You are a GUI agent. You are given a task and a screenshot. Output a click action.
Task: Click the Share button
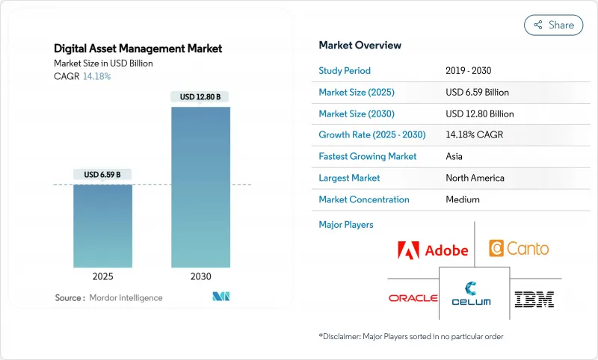pos(553,25)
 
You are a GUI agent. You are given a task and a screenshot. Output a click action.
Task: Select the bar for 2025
pos(103,226)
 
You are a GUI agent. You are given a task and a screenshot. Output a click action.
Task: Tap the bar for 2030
pos(200,187)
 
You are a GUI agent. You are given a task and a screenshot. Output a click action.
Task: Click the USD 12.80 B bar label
pos(200,96)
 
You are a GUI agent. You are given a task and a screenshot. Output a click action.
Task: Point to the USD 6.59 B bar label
pos(103,175)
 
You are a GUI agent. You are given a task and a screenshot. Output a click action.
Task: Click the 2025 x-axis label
pos(103,276)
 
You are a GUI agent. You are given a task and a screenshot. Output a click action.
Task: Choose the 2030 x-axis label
pos(200,276)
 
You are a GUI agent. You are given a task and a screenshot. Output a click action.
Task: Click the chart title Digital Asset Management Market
pos(138,49)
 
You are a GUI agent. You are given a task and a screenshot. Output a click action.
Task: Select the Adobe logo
pos(434,249)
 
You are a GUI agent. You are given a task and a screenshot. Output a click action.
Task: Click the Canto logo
pos(518,248)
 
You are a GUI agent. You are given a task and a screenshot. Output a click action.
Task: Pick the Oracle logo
pos(413,298)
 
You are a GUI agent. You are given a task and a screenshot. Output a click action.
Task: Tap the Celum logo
pos(474,293)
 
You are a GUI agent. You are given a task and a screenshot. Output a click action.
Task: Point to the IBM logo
pos(534,299)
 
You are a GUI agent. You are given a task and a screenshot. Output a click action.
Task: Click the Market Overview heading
pos(360,46)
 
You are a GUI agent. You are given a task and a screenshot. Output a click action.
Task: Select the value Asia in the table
pos(454,156)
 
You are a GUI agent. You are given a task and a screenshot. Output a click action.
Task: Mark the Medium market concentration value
pos(462,199)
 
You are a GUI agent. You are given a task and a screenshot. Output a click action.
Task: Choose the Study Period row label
pos(345,71)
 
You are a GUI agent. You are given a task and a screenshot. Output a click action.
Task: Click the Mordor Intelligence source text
pos(126,297)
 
